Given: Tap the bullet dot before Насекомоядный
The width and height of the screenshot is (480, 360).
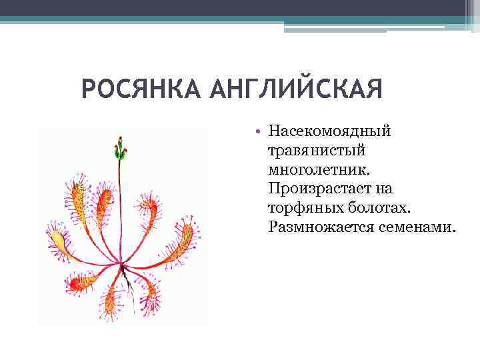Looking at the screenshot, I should (256, 130).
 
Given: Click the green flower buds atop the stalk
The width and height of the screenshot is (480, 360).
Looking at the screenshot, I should (120, 147).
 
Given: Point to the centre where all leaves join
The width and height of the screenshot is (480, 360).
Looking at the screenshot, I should (122, 267).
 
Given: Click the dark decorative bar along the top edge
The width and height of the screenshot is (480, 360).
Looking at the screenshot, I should (240, 8).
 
